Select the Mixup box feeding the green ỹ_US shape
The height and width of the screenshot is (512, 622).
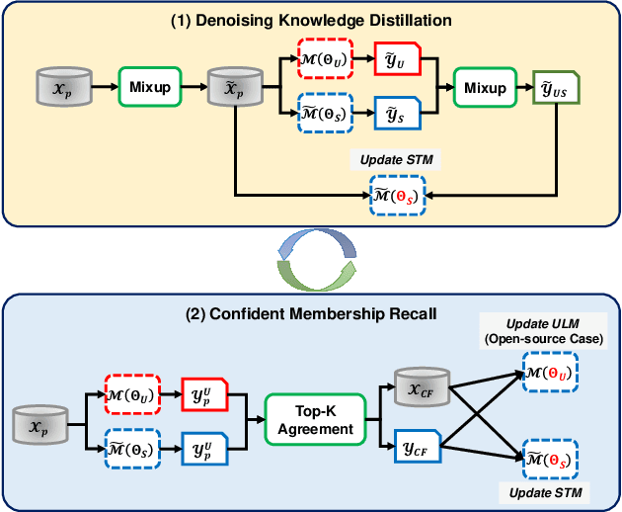coord(485,87)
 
